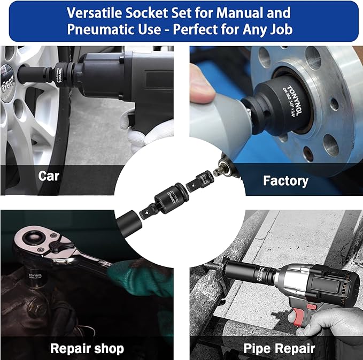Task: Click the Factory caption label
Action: (285, 180)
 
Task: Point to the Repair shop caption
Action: (87, 349)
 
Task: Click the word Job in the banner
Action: (277, 29)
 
